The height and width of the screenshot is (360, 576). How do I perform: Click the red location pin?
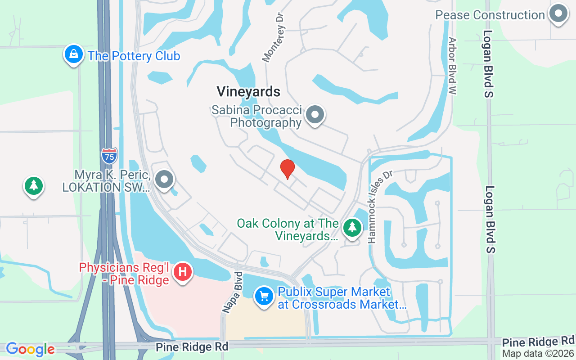point(287,169)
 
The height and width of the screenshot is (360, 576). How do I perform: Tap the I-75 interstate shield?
point(109,155)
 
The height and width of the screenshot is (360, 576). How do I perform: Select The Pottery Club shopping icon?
point(73,55)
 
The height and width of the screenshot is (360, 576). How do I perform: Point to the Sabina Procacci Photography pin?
point(315,115)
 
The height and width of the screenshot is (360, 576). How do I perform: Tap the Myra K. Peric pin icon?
point(164,180)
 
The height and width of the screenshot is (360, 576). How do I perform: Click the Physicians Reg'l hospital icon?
point(183,272)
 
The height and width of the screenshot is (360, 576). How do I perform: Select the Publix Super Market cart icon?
point(264,297)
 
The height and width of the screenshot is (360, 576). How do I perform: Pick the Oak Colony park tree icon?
point(352,228)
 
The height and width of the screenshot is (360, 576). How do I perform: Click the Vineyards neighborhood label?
point(248,92)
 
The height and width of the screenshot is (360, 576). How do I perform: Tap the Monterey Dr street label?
point(274,37)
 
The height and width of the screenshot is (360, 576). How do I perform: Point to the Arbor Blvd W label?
point(452,66)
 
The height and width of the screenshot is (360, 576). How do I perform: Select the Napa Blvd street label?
point(232,292)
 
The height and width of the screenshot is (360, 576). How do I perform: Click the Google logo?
point(30,349)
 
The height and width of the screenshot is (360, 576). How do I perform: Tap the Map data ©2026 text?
point(538,354)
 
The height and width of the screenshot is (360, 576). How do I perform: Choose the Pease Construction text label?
point(490,15)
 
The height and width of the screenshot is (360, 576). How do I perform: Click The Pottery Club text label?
point(134,56)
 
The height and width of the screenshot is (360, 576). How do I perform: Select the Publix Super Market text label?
point(342,298)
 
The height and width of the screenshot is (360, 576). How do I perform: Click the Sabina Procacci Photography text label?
point(257,116)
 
